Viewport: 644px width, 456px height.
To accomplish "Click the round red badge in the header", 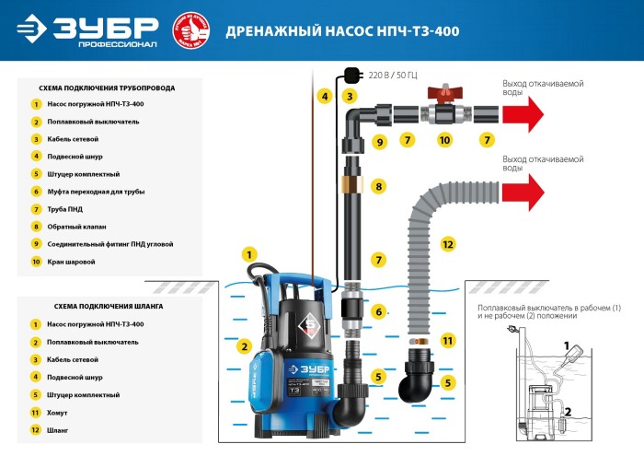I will click(x=188, y=30).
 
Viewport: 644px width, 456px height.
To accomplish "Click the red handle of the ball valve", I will click(x=444, y=94).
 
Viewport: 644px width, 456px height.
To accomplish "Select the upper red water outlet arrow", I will click(x=521, y=114).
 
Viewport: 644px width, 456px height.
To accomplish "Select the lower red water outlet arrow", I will click(x=521, y=192).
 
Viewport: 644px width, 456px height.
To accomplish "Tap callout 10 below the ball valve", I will click(x=444, y=141).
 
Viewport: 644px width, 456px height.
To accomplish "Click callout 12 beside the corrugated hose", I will click(x=448, y=244).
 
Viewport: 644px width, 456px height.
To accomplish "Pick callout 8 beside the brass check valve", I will click(x=377, y=187).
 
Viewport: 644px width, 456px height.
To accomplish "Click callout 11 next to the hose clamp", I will click(x=448, y=340).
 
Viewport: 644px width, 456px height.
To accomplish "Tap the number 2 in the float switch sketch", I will click(x=567, y=412).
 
